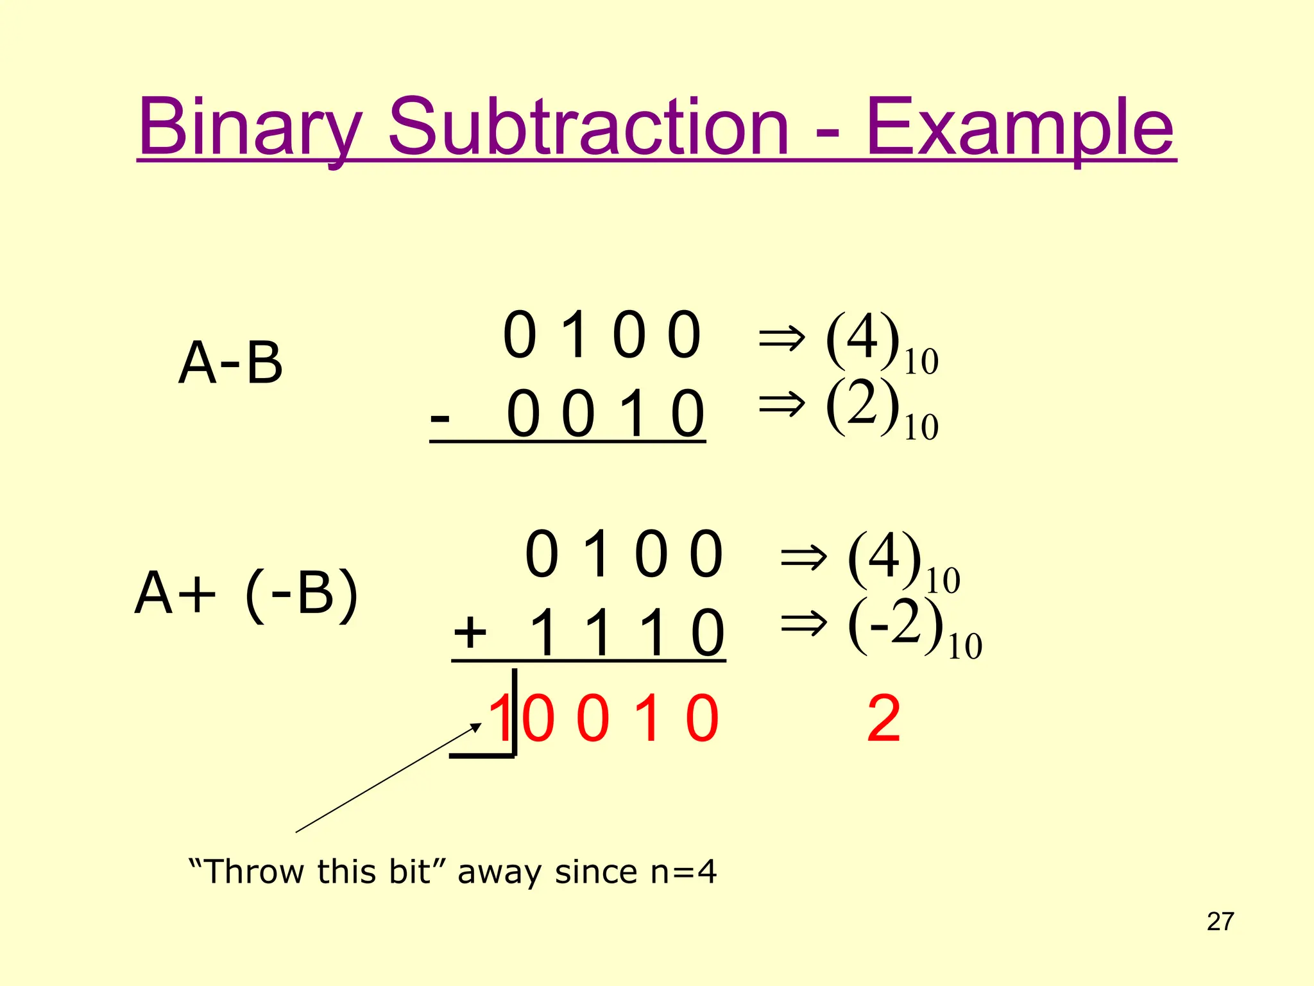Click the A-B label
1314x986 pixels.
pyautogui.click(x=230, y=363)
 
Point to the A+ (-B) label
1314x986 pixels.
pyautogui.click(x=246, y=594)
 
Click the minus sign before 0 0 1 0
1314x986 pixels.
pyautogui.click(x=440, y=418)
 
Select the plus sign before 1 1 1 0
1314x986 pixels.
pyautogui.click(x=470, y=632)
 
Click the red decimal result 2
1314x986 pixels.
pyautogui.click(x=883, y=720)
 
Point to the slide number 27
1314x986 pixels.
pyautogui.click(x=1220, y=922)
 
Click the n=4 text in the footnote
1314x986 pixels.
pyautogui.click(x=683, y=872)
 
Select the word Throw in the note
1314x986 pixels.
pyautogui.click(x=255, y=872)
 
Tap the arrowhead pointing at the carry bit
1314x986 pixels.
pyautogui.click(x=476, y=727)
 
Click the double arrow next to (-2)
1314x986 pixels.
pyautogui.click(x=803, y=623)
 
